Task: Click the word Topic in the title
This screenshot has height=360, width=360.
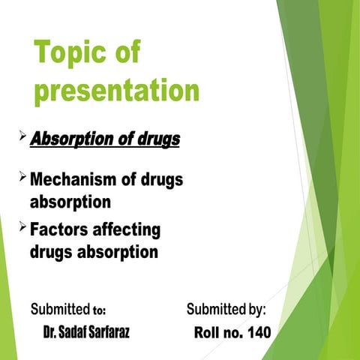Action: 70,55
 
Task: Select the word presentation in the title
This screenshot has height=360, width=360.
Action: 116,91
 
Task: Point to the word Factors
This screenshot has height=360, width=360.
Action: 59,229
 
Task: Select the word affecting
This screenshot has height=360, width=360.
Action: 127,229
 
